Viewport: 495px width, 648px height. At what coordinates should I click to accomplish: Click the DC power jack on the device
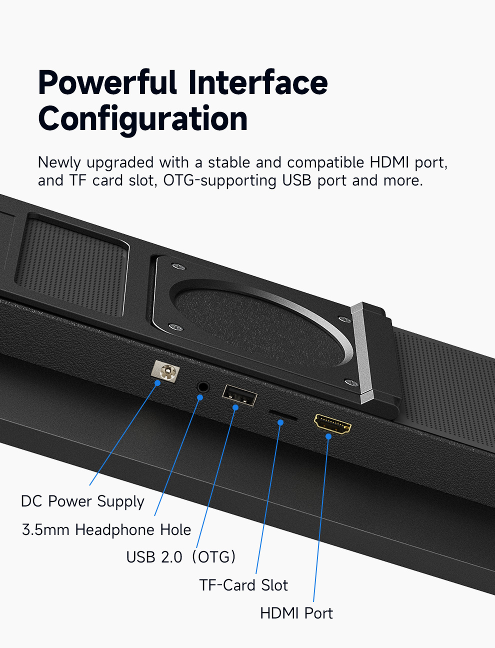pyautogui.click(x=165, y=371)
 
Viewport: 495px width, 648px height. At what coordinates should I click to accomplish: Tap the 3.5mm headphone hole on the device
pyautogui.click(x=203, y=386)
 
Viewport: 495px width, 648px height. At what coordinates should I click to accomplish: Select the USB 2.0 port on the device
pyautogui.click(x=239, y=395)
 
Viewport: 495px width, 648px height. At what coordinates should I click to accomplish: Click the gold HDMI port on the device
pyautogui.click(x=332, y=424)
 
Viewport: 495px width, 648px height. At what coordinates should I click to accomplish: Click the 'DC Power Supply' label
pyautogui.click(x=82, y=501)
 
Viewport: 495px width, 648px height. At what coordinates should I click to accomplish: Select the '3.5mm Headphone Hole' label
pyautogui.click(x=106, y=529)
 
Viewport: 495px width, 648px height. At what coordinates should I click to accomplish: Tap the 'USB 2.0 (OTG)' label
pyautogui.click(x=180, y=557)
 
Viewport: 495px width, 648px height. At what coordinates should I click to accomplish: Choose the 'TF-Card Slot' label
pyautogui.click(x=243, y=585)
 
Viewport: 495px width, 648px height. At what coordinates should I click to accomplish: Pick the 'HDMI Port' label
pyautogui.click(x=296, y=613)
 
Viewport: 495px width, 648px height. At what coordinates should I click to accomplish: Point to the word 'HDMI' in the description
pyautogui.click(x=389, y=162)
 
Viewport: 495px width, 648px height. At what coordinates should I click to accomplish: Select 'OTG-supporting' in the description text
pyautogui.click(x=220, y=180)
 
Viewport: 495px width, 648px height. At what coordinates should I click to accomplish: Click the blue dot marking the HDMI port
pyautogui.click(x=328, y=436)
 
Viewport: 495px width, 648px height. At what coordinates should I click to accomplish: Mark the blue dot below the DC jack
pyautogui.click(x=157, y=383)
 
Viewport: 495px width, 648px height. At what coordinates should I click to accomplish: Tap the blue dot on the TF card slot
pyautogui.click(x=280, y=422)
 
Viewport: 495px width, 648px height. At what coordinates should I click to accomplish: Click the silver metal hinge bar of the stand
pyautogui.click(x=362, y=353)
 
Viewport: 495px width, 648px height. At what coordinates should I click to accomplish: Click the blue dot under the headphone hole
pyautogui.click(x=200, y=397)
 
